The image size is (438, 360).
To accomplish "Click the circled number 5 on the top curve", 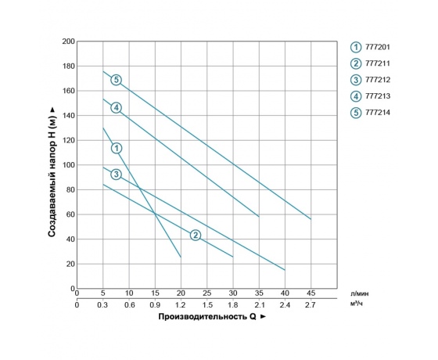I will click(x=116, y=80).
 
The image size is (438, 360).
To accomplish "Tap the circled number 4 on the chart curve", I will click(x=116, y=107).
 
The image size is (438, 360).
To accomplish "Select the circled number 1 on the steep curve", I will click(x=117, y=148).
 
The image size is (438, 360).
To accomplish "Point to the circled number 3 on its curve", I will click(x=116, y=174).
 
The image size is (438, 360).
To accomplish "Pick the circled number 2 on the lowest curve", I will click(x=196, y=235).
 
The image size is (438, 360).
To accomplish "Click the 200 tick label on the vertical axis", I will click(x=68, y=41).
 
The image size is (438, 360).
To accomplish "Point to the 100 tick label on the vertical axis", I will click(x=68, y=165).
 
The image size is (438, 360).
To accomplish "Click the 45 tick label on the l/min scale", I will click(x=311, y=294).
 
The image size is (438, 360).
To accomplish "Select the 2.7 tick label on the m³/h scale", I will click(x=311, y=304).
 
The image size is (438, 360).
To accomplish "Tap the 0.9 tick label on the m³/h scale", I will click(x=155, y=304).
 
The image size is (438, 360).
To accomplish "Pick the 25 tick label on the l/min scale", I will click(x=206, y=294).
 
